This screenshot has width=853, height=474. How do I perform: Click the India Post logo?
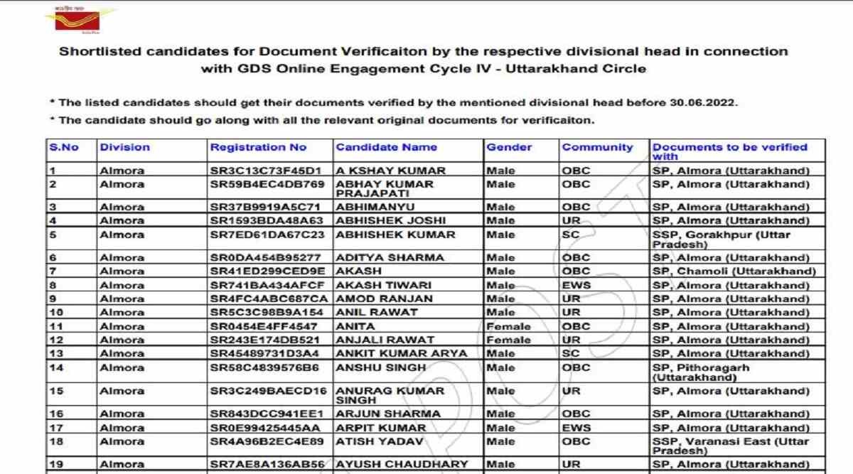tap(82, 20)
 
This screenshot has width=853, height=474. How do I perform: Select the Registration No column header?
tap(258, 147)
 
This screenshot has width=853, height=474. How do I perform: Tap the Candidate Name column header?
tap(386, 147)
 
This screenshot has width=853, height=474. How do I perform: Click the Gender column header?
tap(509, 147)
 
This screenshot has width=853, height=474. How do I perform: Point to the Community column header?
tap(597, 147)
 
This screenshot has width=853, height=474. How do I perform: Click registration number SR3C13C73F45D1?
tap(267, 171)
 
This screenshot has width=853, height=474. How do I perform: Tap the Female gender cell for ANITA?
tap(508, 326)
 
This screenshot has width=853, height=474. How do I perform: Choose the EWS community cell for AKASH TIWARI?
tap(576, 285)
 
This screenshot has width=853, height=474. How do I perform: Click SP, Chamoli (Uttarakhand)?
tap(734, 271)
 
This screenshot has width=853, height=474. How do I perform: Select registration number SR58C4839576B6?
tap(264, 367)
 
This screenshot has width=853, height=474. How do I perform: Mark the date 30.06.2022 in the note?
tap(702, 102)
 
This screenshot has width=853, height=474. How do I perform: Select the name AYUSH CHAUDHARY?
tap(402, 464)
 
